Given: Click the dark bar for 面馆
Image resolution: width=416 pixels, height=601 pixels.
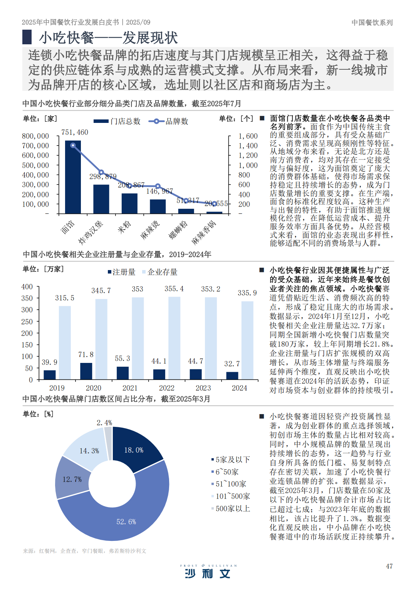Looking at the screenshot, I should coord(73,177).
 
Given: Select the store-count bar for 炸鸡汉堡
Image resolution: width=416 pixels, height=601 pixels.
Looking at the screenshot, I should coord(101,199).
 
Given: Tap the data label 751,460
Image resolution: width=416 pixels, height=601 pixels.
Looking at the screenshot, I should coord(75,132).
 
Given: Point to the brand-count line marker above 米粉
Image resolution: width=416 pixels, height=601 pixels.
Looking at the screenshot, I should coord(130,185).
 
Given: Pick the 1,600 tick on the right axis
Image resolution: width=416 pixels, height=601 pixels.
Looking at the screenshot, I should coord(248,136).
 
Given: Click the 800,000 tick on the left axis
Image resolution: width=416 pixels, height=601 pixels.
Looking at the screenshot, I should coord(35,136).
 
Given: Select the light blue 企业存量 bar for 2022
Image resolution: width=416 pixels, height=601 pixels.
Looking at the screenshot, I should coord(174,338).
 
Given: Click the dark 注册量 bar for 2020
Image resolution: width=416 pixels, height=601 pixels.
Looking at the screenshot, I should coord(86,371).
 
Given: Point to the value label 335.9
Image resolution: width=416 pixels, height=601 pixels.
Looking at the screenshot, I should coord(247,293).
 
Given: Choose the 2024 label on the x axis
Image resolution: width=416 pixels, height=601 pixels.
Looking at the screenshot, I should coord(240,388).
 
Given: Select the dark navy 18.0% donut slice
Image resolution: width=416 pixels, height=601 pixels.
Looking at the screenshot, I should coord(137,447).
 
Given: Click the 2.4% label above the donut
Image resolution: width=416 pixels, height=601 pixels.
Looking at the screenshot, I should coord(104,423).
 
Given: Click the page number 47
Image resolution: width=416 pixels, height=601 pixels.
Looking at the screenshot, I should coord(389,566).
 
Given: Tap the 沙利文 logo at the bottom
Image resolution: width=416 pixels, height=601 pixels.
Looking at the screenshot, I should coord(208,573).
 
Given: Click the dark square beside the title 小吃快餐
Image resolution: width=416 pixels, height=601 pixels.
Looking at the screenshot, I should coord(27,37).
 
